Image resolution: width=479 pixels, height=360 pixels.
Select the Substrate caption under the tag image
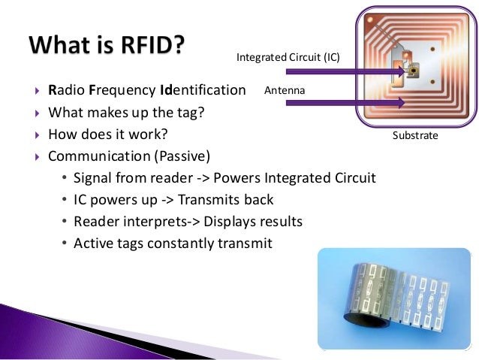click(x=414, y=136)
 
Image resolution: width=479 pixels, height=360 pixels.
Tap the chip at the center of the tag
click(x=411, y=72)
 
